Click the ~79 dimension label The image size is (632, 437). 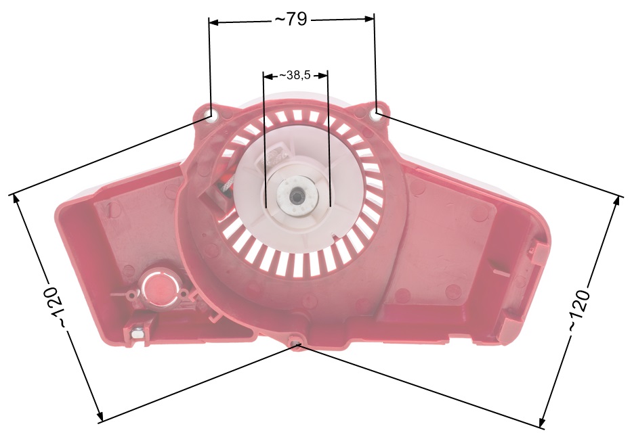click(x=291, y=20)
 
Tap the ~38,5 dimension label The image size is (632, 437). click(x=295, y=75)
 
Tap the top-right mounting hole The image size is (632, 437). click(x=375, y=115)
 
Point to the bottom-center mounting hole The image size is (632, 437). click(x=296, y=343)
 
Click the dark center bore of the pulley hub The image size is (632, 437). click(x=296, y=197)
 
